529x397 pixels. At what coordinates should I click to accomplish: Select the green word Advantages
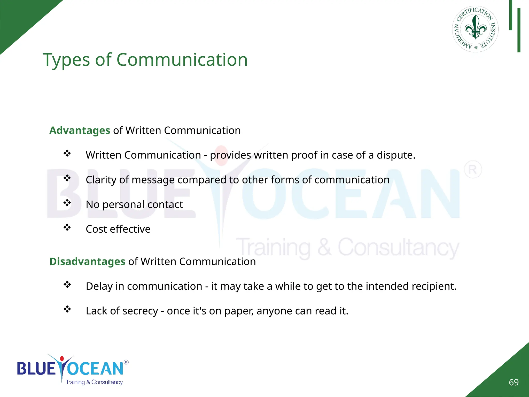pyautogui.click(x=80, y=131)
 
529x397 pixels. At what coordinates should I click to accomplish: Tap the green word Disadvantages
pyautogui.click(x=87, y=262)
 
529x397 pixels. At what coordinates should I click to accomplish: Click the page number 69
pyautogui.click(x=514, y=382)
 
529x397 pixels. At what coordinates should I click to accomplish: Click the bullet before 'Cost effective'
pyautogui.click(x=67, y=227)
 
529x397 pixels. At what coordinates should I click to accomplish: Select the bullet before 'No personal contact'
pyautogui.click(x=67, y=203)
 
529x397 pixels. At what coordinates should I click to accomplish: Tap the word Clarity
pyautogui.click(x=101, y=180)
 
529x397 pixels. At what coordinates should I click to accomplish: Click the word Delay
pyautogui.click(x=99, y=286)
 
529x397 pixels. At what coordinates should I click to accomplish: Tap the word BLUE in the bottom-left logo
pyautogui.click(x=36, y=368)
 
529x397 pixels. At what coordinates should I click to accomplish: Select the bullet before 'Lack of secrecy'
pyautogui.click(x=67, y=309)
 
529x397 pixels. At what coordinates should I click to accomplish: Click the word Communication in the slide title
pyautogui.click(x=182, y=60)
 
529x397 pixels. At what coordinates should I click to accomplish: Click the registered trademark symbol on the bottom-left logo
pyautogui.click(x=126, y=362)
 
